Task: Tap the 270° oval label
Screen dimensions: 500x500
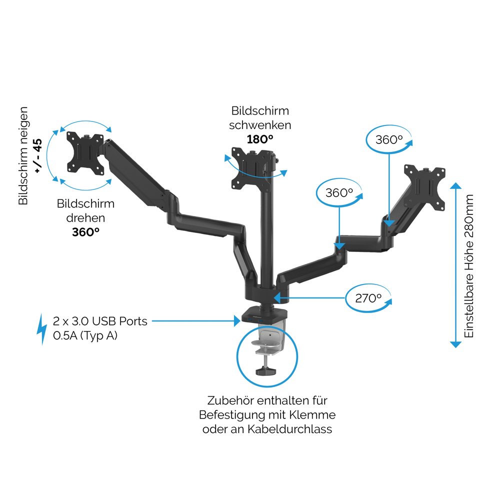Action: point(368,298)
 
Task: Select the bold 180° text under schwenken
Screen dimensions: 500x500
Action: point(260,139)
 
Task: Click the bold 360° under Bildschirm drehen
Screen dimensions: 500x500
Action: point(86,231)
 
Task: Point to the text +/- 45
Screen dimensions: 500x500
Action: point(37,155)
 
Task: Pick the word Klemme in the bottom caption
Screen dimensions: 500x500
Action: point(316,415)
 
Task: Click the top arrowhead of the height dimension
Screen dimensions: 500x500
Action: point(455,187)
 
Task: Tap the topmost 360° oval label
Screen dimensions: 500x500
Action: point(389,139)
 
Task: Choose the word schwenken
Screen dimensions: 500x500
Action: point(260,125)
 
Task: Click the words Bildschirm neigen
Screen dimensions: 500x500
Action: point(23,155)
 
